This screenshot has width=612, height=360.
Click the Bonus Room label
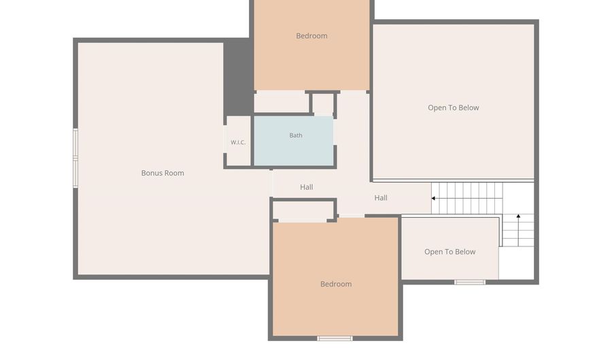tap(163, 173)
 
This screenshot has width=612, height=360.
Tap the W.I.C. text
tap(238, 142)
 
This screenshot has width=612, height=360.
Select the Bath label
tap(296, 135)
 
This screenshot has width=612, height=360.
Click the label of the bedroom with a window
tap(336, 284)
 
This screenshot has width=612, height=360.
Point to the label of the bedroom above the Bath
tap(311, 36)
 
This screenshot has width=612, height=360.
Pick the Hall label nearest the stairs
tap(381, 198)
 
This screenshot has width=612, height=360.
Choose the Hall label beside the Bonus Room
tap(307, 187)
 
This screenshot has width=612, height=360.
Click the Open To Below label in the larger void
tap(453, 108)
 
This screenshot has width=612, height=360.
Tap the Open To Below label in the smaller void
tap(449, 252)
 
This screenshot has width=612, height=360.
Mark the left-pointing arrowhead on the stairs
tap(433, 198)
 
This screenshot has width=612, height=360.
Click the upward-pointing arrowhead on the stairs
tap(518, 216)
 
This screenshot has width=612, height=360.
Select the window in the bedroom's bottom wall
tap(335, 338)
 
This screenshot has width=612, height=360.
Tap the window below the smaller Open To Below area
tap(470, 282)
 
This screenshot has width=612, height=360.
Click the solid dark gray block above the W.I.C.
tap(237, 76)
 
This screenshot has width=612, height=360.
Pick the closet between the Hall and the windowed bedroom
tap(303, 211)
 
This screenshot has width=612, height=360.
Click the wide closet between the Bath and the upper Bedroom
tap(282, 103)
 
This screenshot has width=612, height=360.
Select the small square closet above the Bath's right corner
tap(323, 104)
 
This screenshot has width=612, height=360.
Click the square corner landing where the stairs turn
tap(518, 198)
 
